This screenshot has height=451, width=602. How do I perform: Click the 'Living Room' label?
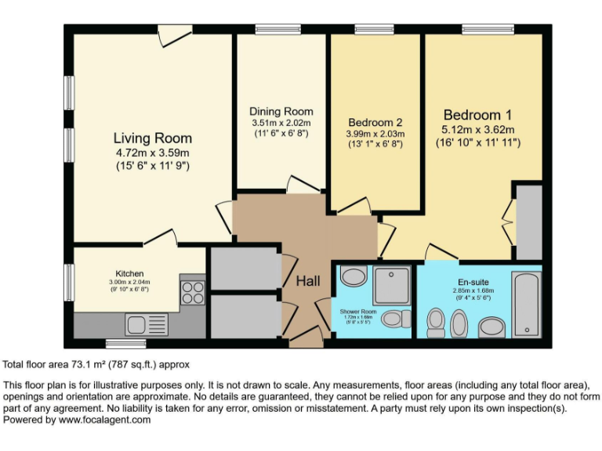coord(151,138)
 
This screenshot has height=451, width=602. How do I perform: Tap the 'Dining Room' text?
coord(281,111)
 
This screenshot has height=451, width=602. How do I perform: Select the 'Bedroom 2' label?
coord(375,122)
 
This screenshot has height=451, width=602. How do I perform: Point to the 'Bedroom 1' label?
coord(477,114)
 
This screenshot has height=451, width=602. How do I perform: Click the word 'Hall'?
coord(306,281)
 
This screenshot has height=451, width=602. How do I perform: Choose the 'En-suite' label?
coord(473,282)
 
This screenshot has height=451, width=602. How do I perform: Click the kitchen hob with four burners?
coord(192,291)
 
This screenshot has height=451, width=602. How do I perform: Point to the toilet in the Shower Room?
coord(399,318)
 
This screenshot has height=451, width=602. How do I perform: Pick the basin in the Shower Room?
coord(354,277)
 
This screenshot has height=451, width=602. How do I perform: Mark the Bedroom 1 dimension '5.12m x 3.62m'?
coord(477,130)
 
